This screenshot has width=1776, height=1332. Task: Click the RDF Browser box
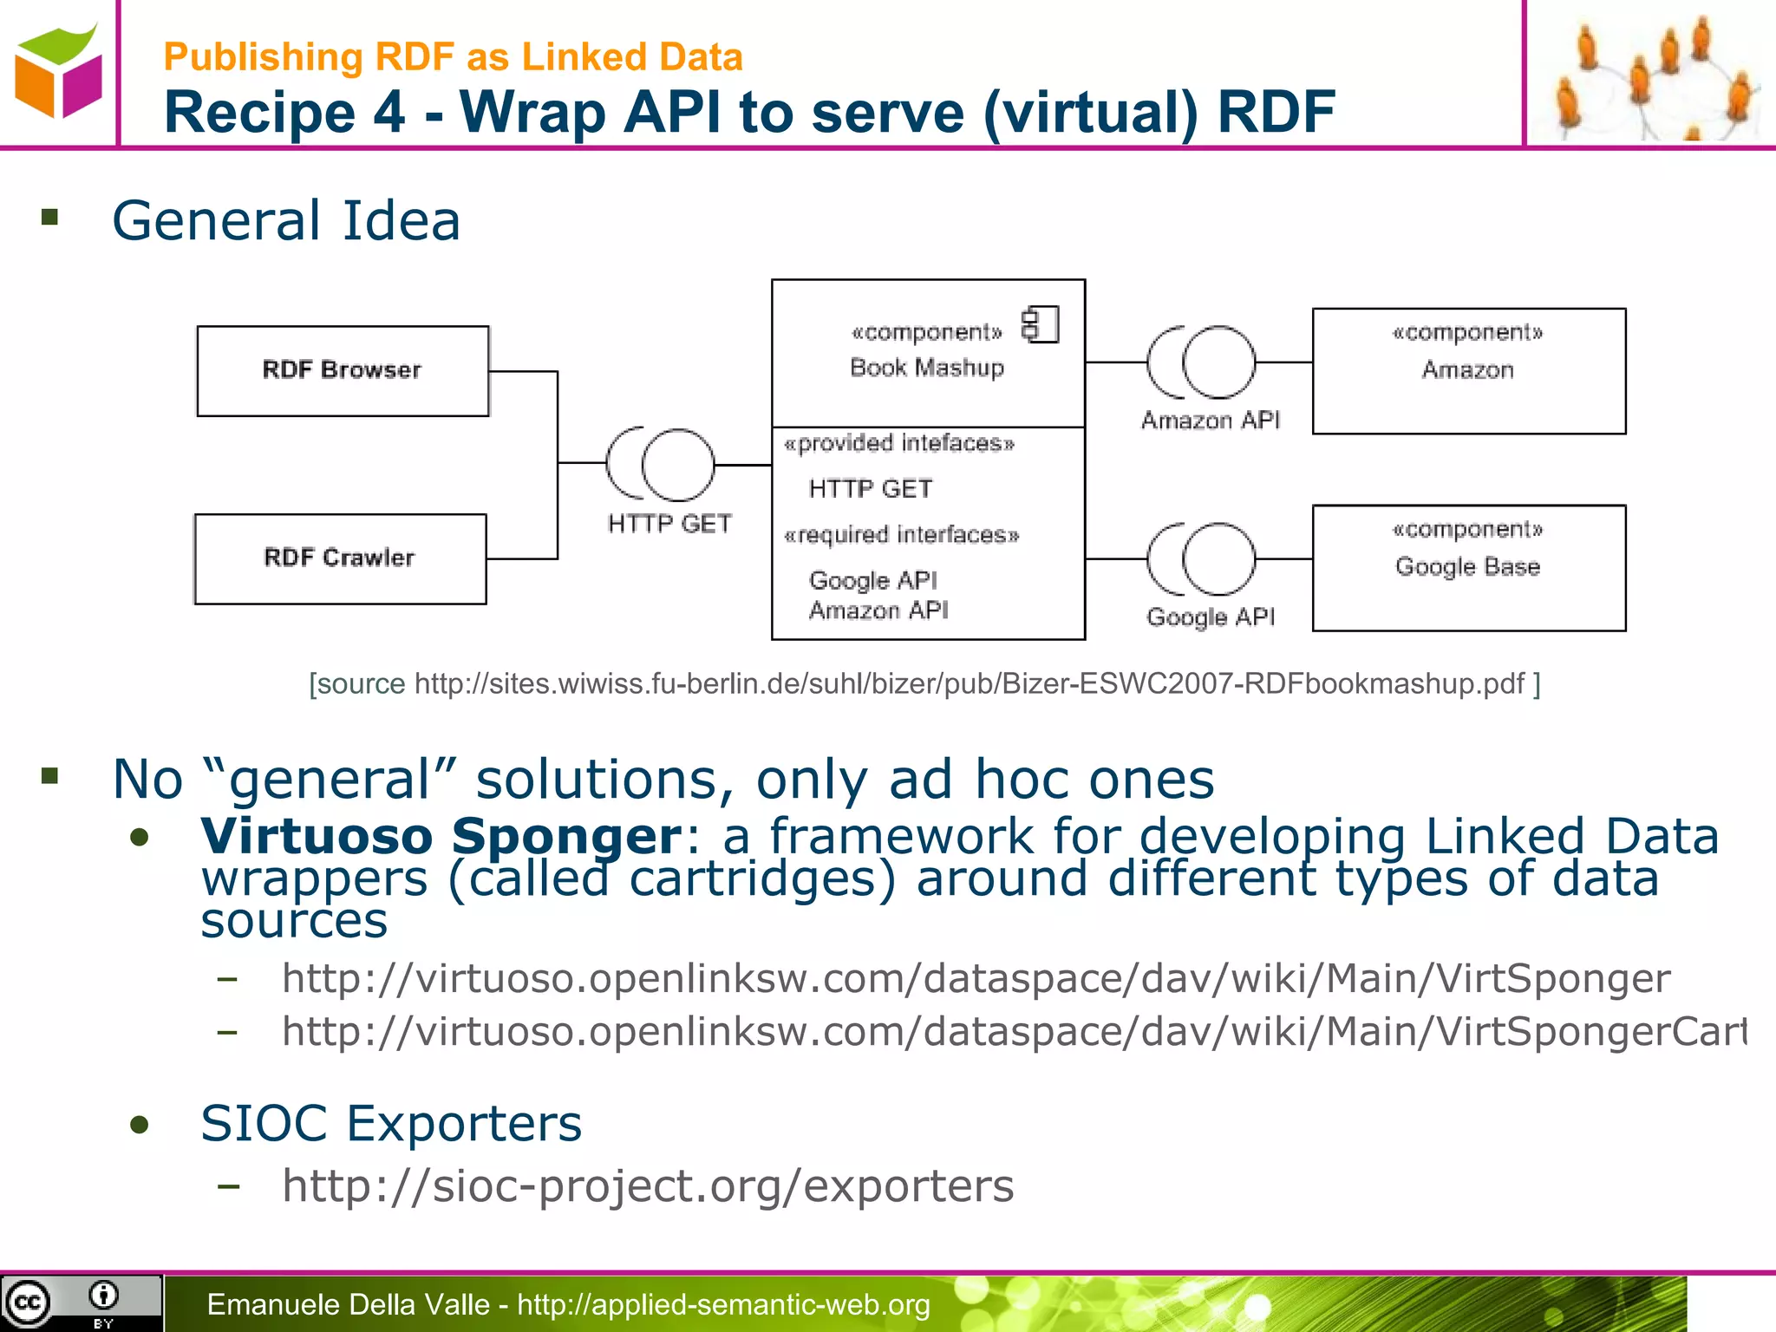(x=343, y=371)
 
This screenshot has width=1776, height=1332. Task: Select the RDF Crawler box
(x=340, y=558)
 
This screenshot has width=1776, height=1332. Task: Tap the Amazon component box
(x=1468, y=371)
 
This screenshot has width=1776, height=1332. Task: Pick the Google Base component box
(x=1468, y=568)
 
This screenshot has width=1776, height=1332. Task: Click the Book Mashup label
(x=927, y=368)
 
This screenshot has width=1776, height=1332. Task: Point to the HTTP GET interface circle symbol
(x=677, y=465)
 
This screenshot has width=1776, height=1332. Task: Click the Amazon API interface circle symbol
(x=1218, y=362)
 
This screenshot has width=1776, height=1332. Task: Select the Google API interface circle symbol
(x=1218, y=559)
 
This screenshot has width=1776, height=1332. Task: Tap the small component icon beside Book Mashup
(x=1041, y=325)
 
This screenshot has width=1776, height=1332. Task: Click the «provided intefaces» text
(x=898, y=444)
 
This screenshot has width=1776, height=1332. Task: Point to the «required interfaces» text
(x=901, y=535)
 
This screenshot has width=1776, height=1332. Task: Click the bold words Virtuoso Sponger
(x=441, y=836)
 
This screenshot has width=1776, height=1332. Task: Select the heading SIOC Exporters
(x=391, y=1124)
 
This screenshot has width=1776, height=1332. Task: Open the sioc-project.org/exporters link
(x=648, y=1185)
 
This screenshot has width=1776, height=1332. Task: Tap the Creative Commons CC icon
(x=28, y=1302)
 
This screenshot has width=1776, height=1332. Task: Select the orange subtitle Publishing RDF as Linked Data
(x=453, y=57)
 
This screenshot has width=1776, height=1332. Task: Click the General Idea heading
(x=286, y=220)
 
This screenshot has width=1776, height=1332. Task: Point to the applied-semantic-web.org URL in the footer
(x=723, y=1304)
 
